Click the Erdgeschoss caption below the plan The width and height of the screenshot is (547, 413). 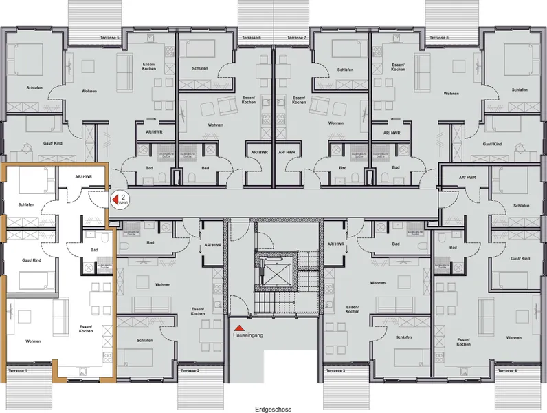(x=273, y=408)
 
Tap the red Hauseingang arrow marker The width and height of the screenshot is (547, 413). (x=236, y=328)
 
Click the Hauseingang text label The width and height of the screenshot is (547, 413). (x=249, y=337)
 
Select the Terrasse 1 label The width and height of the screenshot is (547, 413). (x=18, y=371)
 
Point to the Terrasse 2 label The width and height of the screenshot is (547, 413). (x=190, y=371)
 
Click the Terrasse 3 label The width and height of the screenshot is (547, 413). (x=334, y=371)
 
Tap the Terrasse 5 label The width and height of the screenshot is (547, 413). (x=109, y=38)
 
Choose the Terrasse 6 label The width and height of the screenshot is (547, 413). (x=251, y=38)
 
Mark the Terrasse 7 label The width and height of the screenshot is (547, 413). (x=296, y=38)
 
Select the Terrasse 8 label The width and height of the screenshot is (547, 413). (x=438, y=38)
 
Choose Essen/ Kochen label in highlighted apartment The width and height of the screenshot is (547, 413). (x=87, y=328)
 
